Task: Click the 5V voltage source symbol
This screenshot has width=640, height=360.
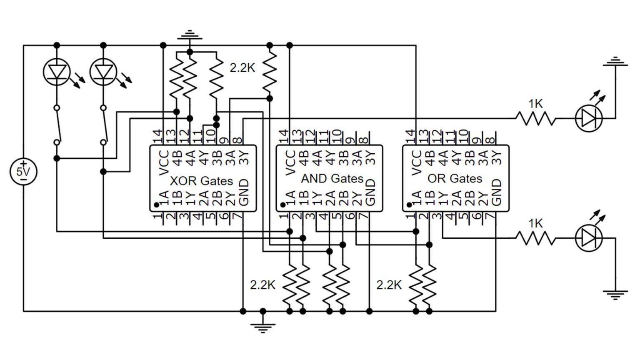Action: tap(23, 171)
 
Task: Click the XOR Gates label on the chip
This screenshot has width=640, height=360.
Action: tap(201, 181)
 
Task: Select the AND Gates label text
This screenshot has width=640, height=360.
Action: tap(332, 179)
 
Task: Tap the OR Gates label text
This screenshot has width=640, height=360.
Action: tap(455, 179)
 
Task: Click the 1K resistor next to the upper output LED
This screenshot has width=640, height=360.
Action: tap(535, 118)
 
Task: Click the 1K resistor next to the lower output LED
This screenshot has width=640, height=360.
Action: tap(535, 238)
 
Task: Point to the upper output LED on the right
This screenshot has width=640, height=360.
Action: tap(589, 118)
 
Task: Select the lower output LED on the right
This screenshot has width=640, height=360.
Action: tap(589, 238)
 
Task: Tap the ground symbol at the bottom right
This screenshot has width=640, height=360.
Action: tap(615, 295)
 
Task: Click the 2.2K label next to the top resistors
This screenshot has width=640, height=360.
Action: tap(242, 68)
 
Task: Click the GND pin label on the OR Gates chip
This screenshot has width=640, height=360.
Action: tap(496, 192)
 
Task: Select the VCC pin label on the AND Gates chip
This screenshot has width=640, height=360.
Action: tap(290, 162)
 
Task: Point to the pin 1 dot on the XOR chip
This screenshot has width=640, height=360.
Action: tap(156, 205)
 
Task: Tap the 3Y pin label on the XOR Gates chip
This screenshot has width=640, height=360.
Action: tap(245, 157)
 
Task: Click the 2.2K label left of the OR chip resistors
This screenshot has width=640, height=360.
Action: tap(389, 285)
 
